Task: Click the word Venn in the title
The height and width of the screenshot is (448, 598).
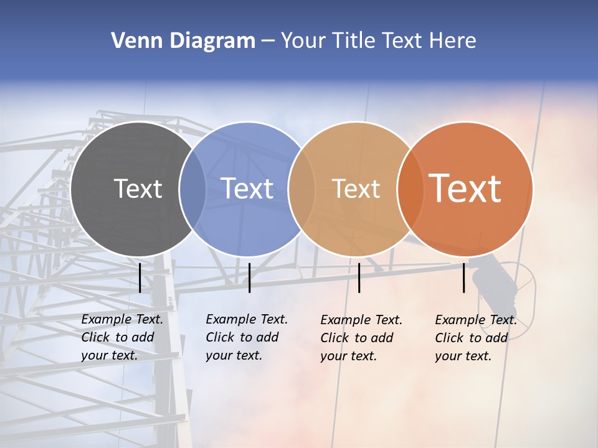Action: click(133, 41)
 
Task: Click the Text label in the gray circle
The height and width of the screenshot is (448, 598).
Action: click(138, 189)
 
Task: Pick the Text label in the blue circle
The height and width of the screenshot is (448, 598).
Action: click(247, 189)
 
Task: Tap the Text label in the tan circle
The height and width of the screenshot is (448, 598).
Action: click(356, 189)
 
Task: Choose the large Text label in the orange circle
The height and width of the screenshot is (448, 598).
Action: click(465, 189)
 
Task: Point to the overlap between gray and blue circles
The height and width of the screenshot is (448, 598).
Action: click(192, 189)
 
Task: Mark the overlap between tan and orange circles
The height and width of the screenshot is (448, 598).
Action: click(411, 189)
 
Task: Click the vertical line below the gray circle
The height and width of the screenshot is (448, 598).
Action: click(140, 278)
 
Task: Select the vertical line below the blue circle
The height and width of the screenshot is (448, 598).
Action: click(249, 278)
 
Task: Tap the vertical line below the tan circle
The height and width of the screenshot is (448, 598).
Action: click(359, 278)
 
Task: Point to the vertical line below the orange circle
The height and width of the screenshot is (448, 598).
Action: click(464, 278)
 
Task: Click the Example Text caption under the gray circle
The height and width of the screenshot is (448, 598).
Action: click(122, 337)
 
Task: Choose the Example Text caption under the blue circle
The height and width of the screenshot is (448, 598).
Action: click(247, 337)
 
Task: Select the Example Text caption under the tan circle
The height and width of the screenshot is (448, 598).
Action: click(361, 338)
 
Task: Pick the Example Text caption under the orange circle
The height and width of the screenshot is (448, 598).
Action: click(476, 338)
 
